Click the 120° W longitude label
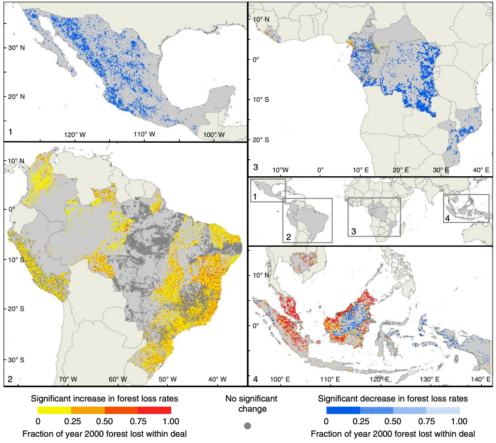coord(75,134)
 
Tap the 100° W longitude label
coord(214,134)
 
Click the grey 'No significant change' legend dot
coord(247,425)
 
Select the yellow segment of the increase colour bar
coord(55,409)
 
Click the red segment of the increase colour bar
coord(154,409)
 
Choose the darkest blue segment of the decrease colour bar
coord(342,409)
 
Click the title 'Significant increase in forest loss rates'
coord(105,398)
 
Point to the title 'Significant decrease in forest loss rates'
coord(392,398)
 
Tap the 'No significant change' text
coord(247,403)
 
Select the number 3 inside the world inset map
coord(353,231)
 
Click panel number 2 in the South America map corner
coord(10,379)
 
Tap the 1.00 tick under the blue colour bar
coord(459,421)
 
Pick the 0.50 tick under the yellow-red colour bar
coord(105,421)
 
